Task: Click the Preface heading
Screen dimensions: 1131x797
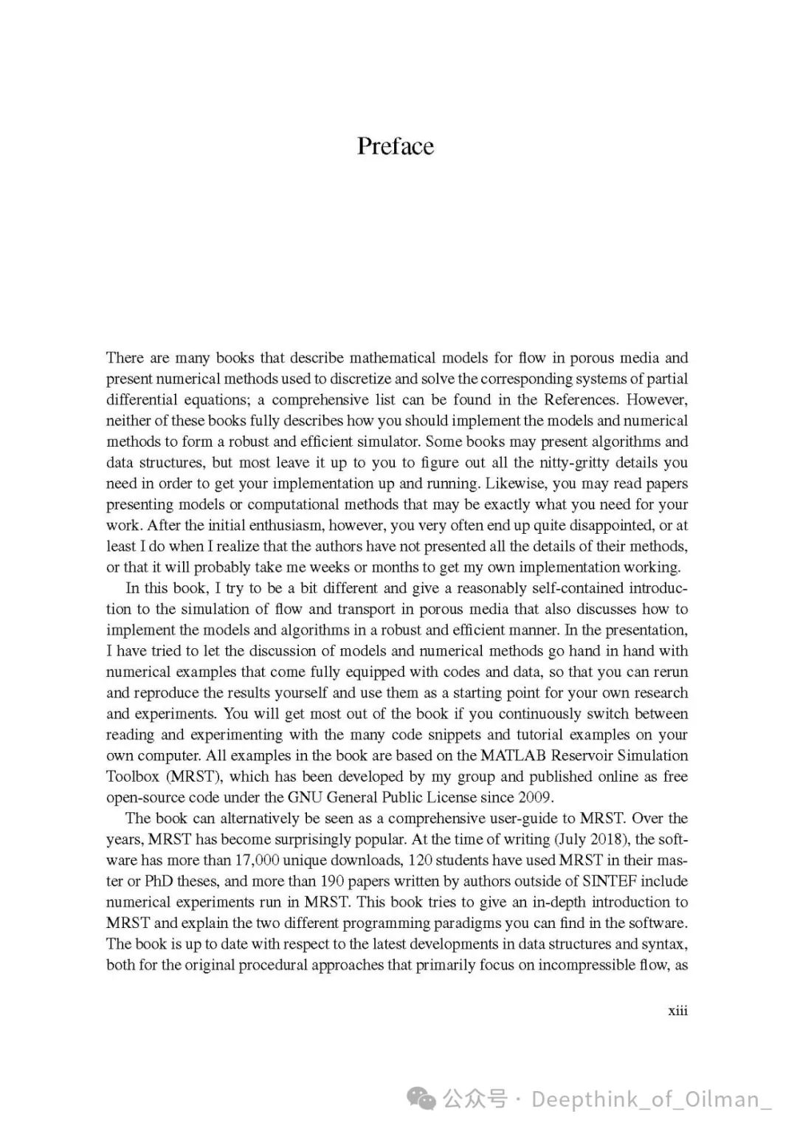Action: [396, 146]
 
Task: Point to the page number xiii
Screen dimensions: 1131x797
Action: [677, 1011]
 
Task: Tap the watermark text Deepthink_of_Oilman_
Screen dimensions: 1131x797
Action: [651, 1099]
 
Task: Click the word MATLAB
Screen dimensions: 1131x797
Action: [514, 756]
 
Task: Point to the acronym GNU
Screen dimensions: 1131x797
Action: [305, 797]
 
